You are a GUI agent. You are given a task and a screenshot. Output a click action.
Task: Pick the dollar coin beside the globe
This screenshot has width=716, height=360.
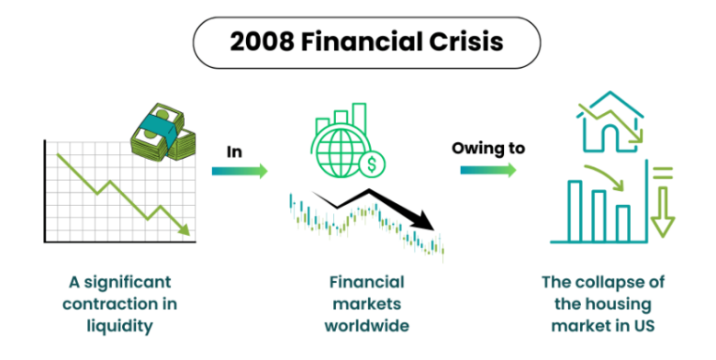[373, 166]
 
